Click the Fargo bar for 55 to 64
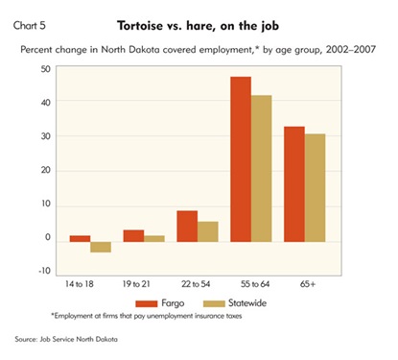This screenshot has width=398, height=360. [x=241, y=159]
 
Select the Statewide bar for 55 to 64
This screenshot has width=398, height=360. [x=262, y=168]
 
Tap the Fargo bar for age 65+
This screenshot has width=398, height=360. [x=294, y=184]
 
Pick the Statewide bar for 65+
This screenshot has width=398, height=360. [x=315, y=188]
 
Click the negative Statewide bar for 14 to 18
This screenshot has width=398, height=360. [x=101, y=247]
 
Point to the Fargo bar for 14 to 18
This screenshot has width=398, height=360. [x=80, y=239]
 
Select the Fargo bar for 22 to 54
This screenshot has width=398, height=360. [x=187, y=227]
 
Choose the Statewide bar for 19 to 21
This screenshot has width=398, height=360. [x=154, y=239]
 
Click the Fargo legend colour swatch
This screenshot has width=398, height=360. [x=147, y=303]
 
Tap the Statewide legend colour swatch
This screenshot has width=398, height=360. [x=214, y=303]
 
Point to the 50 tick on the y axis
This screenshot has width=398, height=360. [x=46, y=69]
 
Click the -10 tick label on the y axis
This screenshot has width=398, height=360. [x=45, y=271]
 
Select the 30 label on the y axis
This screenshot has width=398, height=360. [x=46, y=136]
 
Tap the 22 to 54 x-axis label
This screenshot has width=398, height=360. [x=196, y=284]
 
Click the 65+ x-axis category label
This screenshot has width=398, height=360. [x=308, y=284]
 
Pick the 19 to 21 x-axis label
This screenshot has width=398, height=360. [x=136, y=284]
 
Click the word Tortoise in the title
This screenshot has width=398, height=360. [x=140, y=26]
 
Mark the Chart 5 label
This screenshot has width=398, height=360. [x=30, y=25]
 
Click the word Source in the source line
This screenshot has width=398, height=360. [x=25, y=339]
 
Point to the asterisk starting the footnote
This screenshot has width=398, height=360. [x=53, y=315]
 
